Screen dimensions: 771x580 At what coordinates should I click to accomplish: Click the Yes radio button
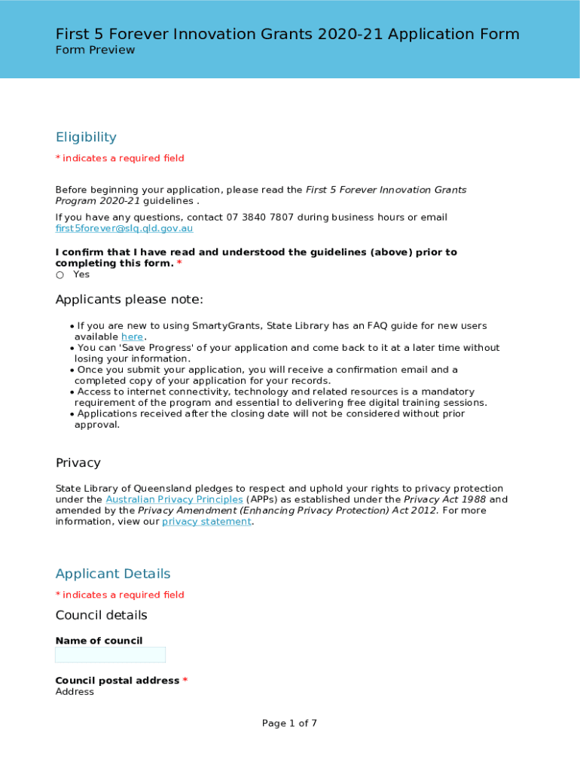(x=60, y=275)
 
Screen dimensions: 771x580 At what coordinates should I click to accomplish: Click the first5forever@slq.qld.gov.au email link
(x=124, y=228)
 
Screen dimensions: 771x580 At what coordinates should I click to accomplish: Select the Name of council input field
(x=110, y=655)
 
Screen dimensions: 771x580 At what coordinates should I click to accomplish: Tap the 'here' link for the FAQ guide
(x=132, y=337)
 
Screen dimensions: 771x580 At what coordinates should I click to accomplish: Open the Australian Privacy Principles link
(x=174, y=499)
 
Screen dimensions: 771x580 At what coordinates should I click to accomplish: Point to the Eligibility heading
(x=86, y=137)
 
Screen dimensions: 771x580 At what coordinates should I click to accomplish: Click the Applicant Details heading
(x=113, y=574)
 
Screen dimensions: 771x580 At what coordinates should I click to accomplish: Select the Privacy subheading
(x=78, y=462)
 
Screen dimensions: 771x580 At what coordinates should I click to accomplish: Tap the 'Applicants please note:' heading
(x=129, y=300)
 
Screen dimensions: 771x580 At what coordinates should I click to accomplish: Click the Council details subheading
(x=101, y=615)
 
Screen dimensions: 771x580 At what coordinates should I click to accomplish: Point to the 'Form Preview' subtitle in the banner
(x=95, y=50)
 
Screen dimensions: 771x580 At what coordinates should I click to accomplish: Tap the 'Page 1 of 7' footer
(x=289, y=723)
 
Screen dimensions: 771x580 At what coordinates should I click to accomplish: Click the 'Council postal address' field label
(x=117, y=681)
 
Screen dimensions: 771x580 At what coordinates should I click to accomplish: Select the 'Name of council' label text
(x=99, y=641)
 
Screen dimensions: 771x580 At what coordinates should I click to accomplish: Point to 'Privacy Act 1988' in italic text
(x=444, y=499)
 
